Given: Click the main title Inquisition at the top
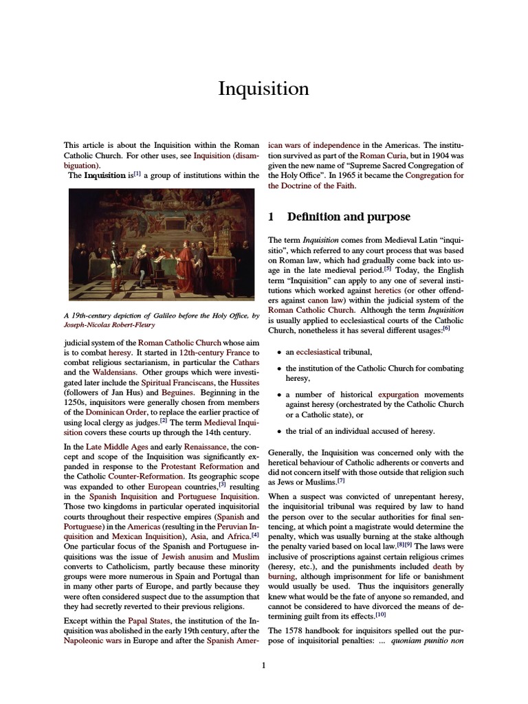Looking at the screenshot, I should coord(263,89).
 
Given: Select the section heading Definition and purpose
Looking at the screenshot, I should coord(348,217).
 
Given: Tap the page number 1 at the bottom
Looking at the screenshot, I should coord(263,665).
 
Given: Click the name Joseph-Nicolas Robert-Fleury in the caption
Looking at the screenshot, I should coord(110,326).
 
